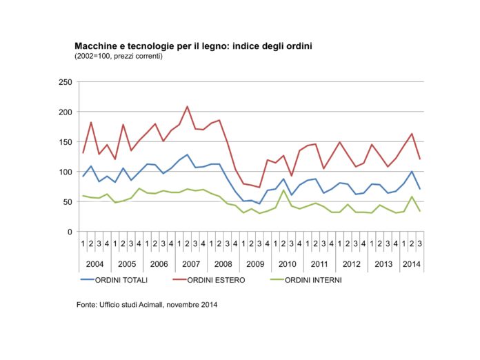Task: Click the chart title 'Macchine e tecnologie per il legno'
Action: [x=152, y=46]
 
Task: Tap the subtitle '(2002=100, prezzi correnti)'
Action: [x=119, y=57]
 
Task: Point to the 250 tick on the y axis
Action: [x=66, y=82]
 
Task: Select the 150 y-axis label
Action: [x=66, y=142]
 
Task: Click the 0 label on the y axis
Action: [x=70, y=232]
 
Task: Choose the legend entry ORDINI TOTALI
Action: [x=121, y=280]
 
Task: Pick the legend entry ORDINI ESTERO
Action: [x=216, y=280]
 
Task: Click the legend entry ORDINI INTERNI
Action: [x=313, y=280]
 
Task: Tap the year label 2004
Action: [x=95, y=264]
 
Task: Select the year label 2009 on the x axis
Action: [x=255, y=264]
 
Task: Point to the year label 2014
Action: [x=412, y=264]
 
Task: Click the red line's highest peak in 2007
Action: [x=187, y=106]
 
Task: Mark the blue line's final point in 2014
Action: [x=420, y=189]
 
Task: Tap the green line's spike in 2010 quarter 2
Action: [x=283, y=190]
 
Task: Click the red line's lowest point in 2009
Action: [x=259, y=187]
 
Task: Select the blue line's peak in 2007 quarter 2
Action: [x=187, y=154]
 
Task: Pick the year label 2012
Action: [x=352, y=264]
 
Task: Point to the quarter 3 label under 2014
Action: [x=420, y=244]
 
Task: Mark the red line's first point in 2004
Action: [x=83, y=152]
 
